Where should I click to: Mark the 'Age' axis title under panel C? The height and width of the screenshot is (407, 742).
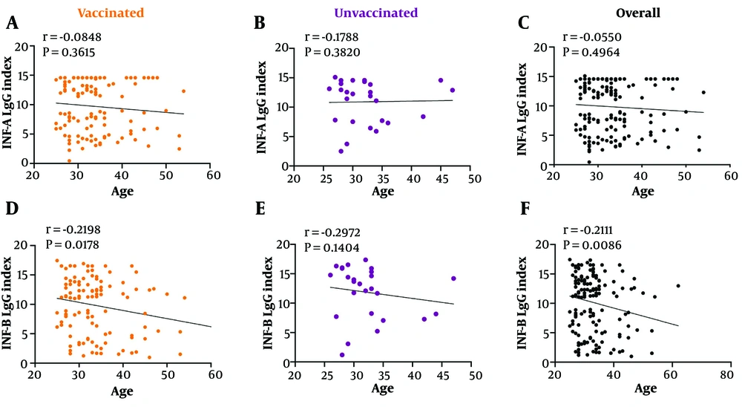tap(643, 191)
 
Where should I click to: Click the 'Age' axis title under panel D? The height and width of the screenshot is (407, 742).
tap(124, 390)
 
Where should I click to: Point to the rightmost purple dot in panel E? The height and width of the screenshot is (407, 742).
tap(453, 279)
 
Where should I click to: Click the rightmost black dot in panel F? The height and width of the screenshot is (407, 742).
tap(677, 286)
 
